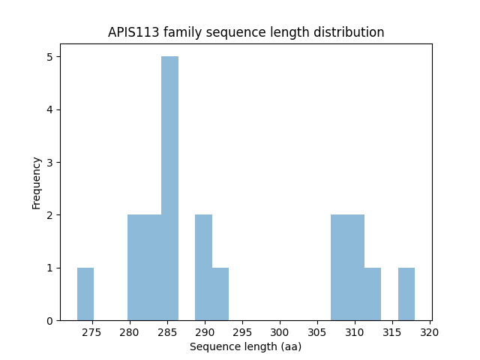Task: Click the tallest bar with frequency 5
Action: pos(169,187)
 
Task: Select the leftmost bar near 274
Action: pos(85,294)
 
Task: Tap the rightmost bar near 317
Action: pos(406,294)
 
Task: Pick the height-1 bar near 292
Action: pos(220,294)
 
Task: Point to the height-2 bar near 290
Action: pos(203,268)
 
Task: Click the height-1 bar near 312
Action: pos(373,294)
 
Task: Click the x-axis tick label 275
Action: pos(92,332)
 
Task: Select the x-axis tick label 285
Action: pos(167,332)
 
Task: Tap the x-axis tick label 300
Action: pos(280,332)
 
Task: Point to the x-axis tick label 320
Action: pos(430,332)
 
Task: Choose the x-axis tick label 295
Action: pos(242,332)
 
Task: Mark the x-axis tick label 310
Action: pos(355,332)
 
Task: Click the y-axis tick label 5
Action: pos(49,57)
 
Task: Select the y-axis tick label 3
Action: pos(49,163)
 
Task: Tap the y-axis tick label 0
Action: pos(49,321)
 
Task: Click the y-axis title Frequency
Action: pos(36,182)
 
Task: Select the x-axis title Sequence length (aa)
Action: pos(245,347)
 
